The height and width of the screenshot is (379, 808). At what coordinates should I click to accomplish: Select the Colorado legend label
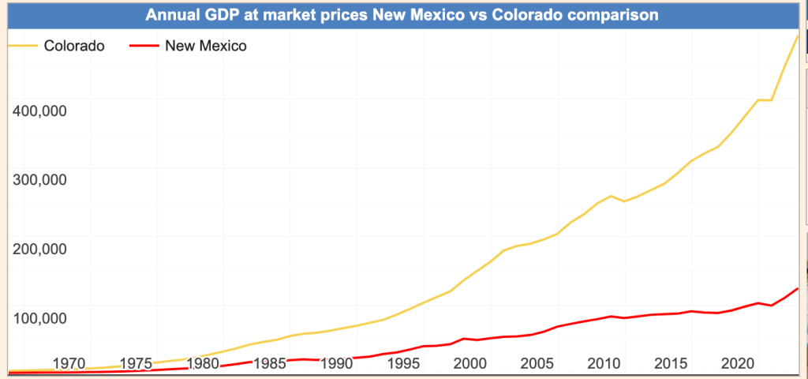[x=74, y=46]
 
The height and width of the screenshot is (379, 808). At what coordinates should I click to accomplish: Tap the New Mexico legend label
[x=206, y=46]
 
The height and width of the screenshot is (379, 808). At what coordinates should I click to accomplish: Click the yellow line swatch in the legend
[x=22, y=46]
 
